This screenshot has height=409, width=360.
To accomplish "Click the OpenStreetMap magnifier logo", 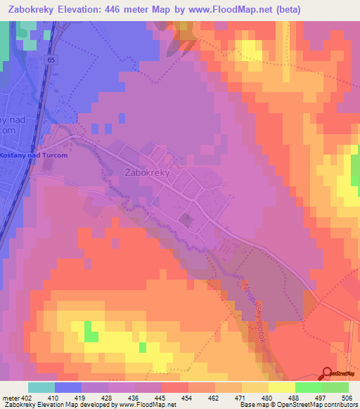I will [x=327, y=373].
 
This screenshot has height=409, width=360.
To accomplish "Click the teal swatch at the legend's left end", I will [x=41, y=387].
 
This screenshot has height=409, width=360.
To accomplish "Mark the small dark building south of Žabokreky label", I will [x=186, y=221].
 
